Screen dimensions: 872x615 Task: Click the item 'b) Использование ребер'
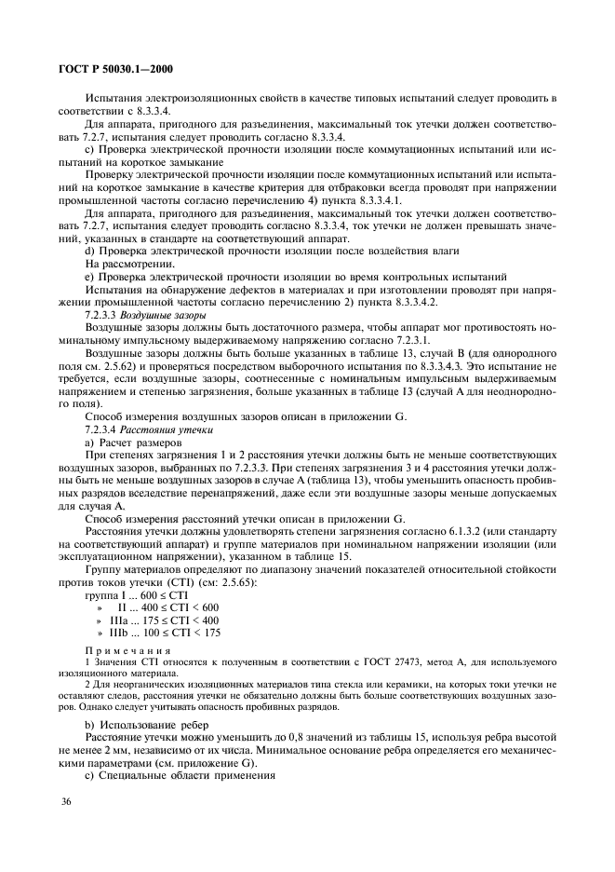click(146, 723)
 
